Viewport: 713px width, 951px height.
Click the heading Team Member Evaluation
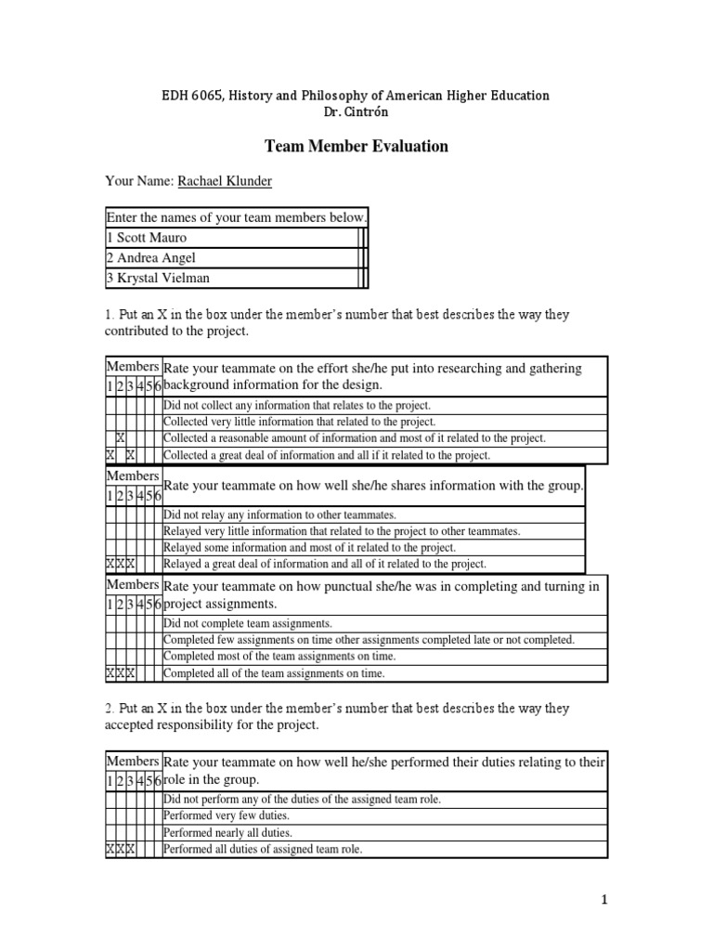[x=356, y=146]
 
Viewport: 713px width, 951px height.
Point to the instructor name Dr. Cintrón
[x=356, y=112]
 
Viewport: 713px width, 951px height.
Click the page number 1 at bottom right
[x=603, y=899]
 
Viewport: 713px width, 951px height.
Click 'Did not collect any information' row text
[x=297, y=405]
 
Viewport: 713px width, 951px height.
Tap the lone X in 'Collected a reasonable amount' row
[x=121, y=438]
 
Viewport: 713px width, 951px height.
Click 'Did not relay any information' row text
[x=279, y=514]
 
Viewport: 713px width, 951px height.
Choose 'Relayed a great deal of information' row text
[x=324, y=564]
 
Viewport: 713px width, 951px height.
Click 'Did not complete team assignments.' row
[x=247, y=623]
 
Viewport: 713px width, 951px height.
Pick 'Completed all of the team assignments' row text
[x=273, y=673]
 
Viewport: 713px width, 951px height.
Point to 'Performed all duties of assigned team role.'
[x=262, y=849]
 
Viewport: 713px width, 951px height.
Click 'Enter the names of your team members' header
[x=237, y=217]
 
